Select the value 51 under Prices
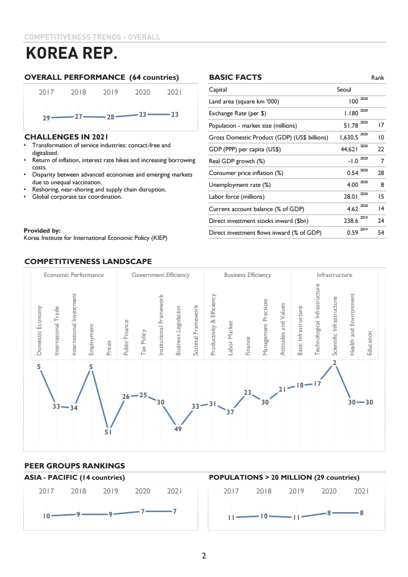point(108,433)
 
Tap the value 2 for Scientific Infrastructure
point(334,363)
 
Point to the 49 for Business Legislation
point(178,429)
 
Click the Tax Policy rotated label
point(144,342)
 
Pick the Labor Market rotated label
point(230,338)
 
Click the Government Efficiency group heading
point(161,275)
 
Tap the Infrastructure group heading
point(334,275)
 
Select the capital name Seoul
point(344,90)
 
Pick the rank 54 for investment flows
point(381,233)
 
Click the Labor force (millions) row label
point(236,197)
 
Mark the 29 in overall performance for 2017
point(46,118)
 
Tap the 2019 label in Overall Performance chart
point(111,93)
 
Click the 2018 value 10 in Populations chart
point(264,515)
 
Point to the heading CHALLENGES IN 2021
point(66,137)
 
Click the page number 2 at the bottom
point(204,556)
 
